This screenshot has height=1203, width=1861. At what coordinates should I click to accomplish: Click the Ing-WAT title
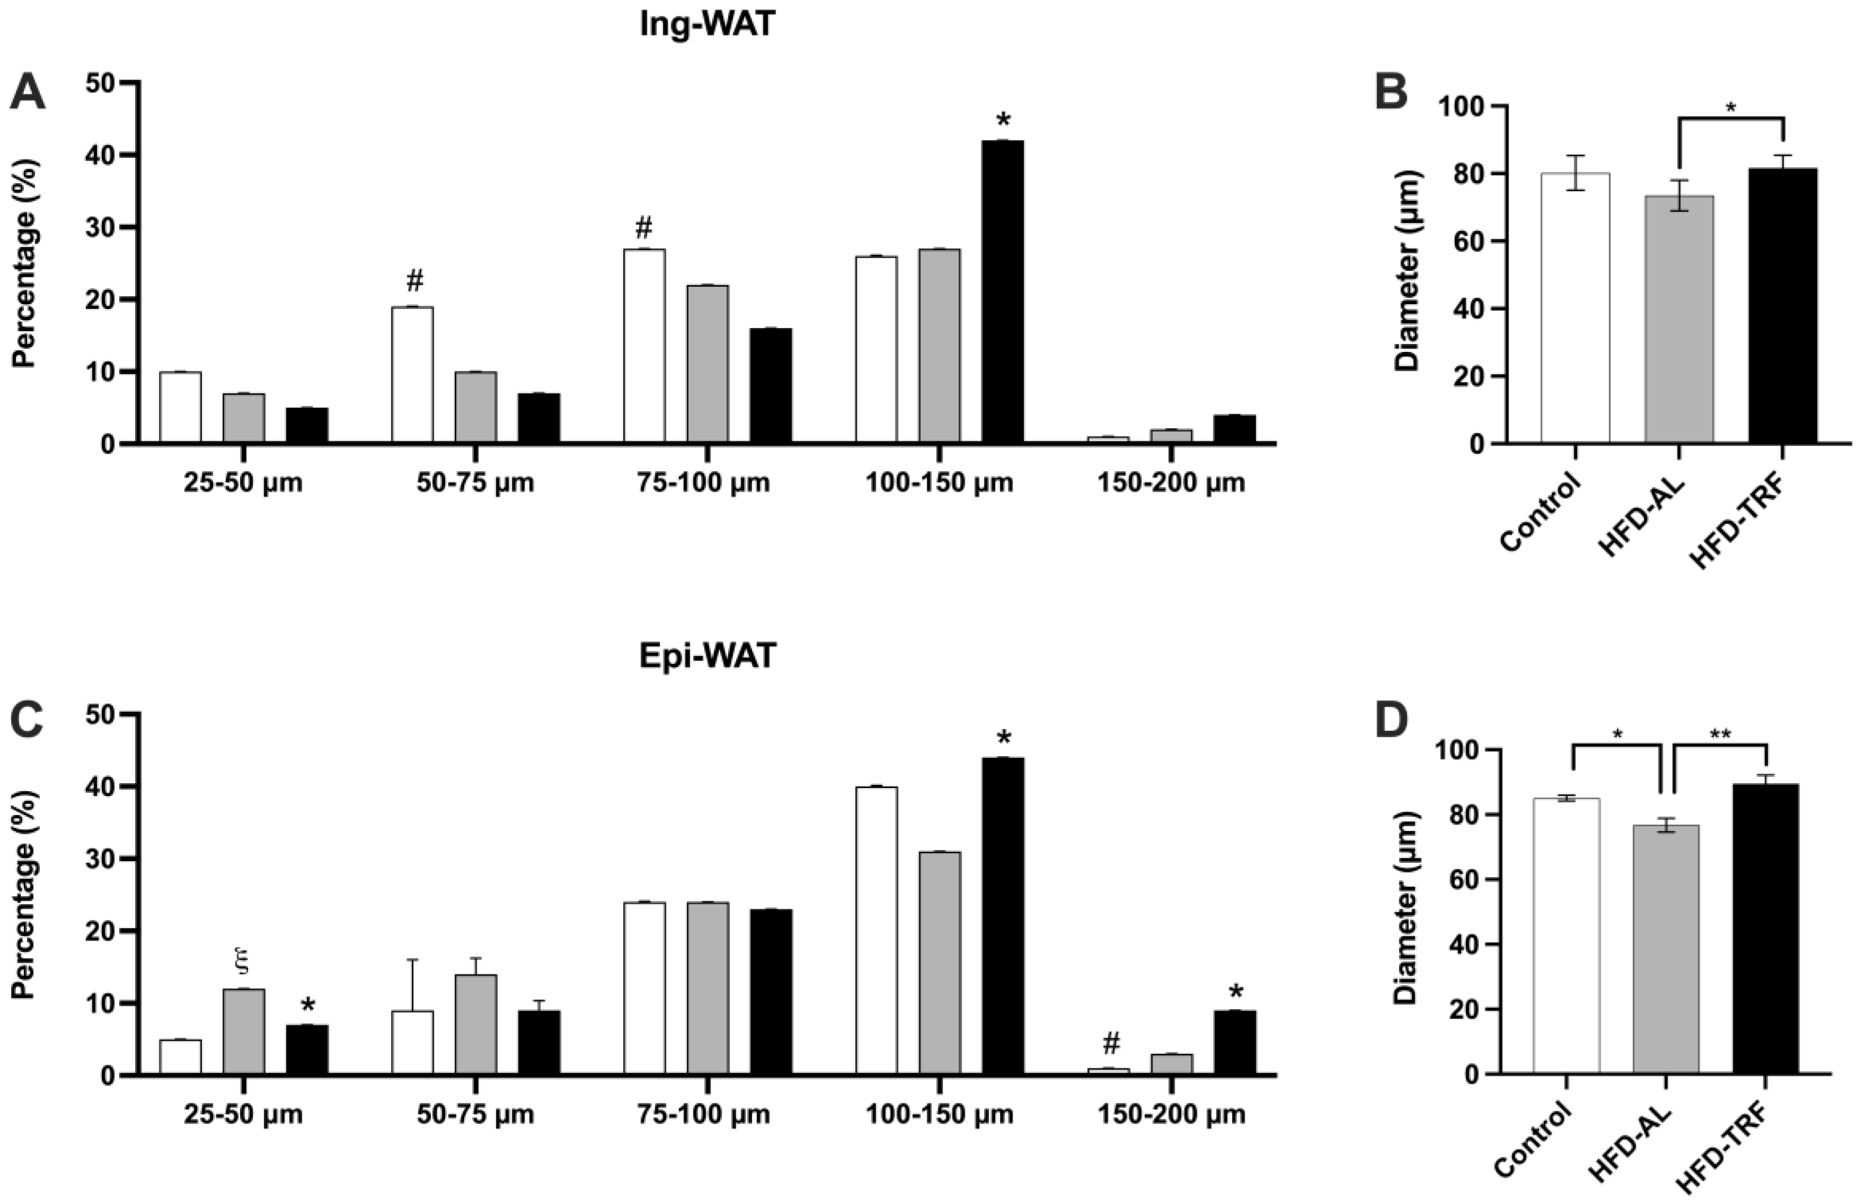707,24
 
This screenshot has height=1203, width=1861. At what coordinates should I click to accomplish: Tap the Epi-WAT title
707,656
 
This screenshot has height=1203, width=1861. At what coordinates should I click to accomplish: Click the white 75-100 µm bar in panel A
644,346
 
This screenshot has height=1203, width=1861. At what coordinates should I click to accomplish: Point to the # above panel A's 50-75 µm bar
415,280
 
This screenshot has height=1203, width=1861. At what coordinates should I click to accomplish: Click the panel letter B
1391,93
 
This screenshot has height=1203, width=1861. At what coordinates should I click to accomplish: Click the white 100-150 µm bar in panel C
876,931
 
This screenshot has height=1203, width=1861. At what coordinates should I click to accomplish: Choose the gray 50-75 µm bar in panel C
476,1024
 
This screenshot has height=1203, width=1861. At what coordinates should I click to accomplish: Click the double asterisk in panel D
1720,735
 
